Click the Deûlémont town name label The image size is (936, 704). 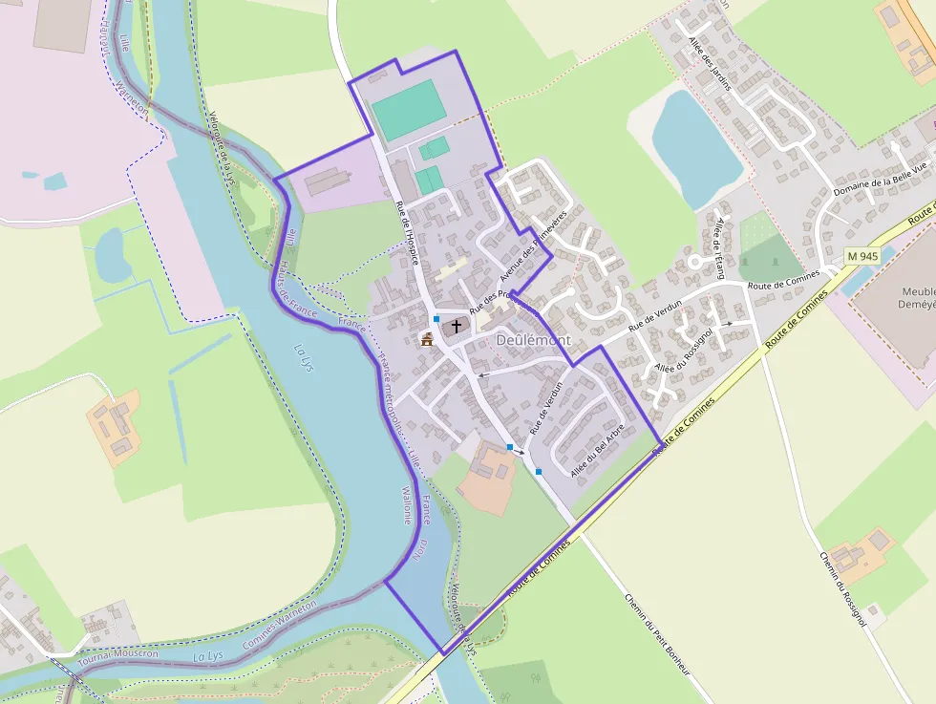click(x=533, y=340)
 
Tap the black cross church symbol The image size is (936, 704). click(x=457, y=326)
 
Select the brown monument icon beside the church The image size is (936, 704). click(x=426, y=338)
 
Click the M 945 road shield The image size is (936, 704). click(x=862, y=256)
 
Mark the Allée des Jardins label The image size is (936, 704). click(x=709, y=63)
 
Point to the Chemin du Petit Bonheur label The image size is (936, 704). click(x=656, y=634)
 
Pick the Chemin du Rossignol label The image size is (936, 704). click(x=842, y=588)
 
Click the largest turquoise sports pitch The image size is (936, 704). click(x=409, y=109)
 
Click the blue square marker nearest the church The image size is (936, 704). click(x=436, y=318)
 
